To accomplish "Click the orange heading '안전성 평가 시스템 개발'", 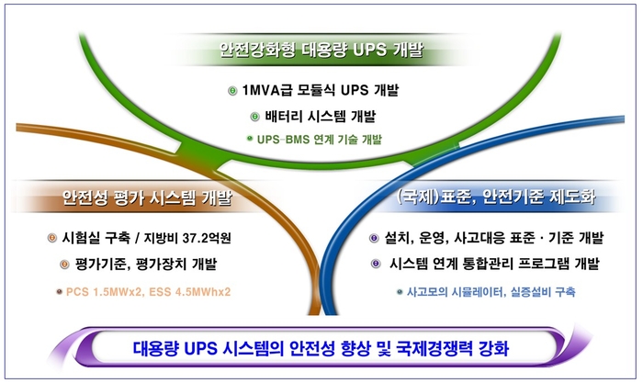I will pos(147,198).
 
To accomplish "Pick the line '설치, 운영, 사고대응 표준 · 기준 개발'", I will pos(496,239).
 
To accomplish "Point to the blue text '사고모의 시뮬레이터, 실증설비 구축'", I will pos(491,292).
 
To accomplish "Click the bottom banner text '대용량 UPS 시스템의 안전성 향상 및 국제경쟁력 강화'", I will pos(322,350).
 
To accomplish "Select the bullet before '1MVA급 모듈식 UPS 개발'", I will pos(231,92).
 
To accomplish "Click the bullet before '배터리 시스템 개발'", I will pos(255,117).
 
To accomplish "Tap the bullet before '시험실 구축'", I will pos(52,239).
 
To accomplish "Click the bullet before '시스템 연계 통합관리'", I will pos(374,265).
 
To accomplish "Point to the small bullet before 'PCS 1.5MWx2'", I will pos(57,292).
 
